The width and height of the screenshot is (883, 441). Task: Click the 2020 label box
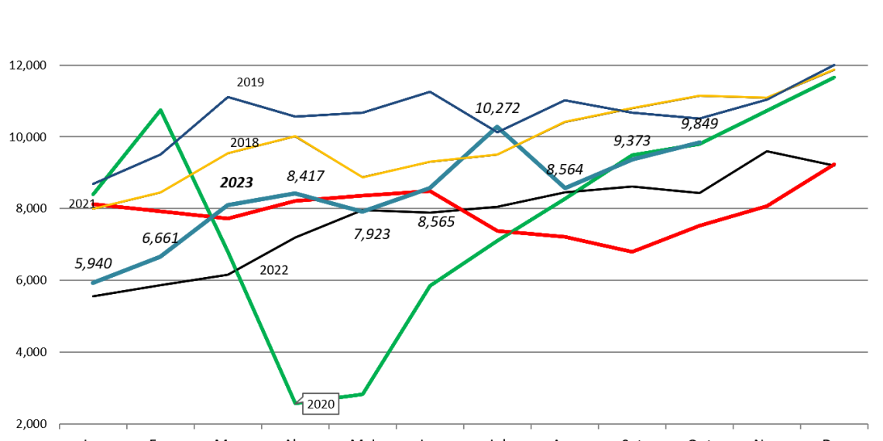tap(321, 405)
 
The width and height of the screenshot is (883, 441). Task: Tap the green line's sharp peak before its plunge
tap(160, 110)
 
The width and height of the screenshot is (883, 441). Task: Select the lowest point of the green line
tap(295, 402)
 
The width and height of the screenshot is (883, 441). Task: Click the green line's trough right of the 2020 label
tap(362, 395)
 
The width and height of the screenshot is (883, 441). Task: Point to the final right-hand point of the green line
tap(834, 77)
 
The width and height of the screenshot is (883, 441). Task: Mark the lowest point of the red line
tap(631, 251)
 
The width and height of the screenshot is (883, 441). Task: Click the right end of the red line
tap(834, 164)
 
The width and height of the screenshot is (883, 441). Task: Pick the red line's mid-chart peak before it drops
tap(430, 190)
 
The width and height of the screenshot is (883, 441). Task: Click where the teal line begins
tap(93, 283)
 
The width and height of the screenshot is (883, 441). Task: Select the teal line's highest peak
tap(497, 128)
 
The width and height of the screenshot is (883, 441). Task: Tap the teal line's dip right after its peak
tap(565, 188)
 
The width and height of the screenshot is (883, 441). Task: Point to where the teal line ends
tap(699, 143)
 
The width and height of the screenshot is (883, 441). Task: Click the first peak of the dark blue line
tap(228, 97)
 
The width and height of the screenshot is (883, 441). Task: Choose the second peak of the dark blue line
tap(430, 92)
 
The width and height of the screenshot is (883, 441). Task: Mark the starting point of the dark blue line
tap(93, 184)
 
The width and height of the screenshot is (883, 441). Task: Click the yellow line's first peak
tap(295, 136)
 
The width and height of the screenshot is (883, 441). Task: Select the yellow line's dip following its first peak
tap(362, 177)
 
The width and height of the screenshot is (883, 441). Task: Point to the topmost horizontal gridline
tap(465, 65)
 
